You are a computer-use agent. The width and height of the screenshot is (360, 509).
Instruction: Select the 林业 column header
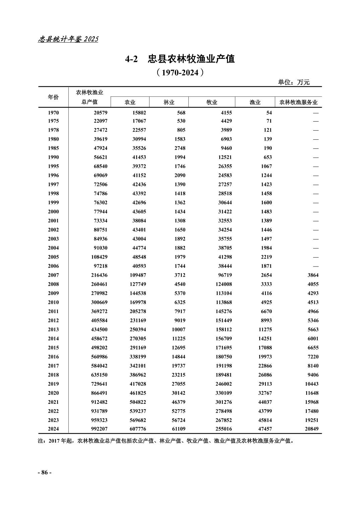(169, 102)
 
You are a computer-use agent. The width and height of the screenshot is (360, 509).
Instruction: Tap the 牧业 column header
(212, 102)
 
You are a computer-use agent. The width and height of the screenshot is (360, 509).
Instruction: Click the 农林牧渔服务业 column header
(298, 102)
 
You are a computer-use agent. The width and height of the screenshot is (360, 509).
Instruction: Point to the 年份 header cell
(53, 97)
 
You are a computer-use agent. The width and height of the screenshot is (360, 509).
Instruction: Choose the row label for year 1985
(53, 148)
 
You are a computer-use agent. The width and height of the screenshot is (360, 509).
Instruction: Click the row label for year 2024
(53, 429)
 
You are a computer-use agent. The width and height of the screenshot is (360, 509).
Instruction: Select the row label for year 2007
(53, 275)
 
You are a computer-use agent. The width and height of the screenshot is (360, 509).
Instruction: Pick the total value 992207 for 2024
(99, 429)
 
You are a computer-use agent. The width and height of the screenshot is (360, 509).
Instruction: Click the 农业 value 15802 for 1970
(138, 113)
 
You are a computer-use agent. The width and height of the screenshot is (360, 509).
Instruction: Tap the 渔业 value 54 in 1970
(269, 113)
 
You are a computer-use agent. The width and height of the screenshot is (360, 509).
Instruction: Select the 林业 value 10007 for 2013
(178, 330)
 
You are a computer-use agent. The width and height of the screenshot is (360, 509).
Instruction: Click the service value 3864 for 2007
(312, 275)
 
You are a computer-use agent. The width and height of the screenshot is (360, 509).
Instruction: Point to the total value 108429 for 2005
(99, 257)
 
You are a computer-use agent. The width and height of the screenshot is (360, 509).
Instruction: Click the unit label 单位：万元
(294, 82)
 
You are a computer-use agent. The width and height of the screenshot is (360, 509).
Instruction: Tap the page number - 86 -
(45, 472)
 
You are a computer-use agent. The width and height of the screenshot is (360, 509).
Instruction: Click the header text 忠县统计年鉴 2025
(68, 39)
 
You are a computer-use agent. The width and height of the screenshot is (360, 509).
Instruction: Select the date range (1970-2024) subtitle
(180, 72)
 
